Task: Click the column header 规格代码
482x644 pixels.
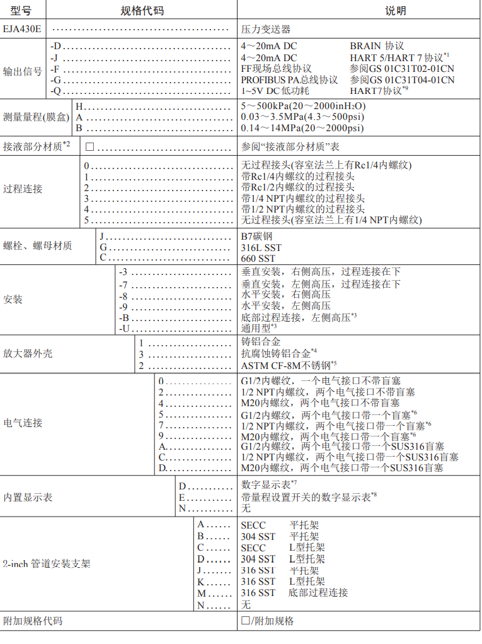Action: [142, 11]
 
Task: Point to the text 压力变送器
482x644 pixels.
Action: [266, 29]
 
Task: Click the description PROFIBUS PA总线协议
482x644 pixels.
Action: [289, 80]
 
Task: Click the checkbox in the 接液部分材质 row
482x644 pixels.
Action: [89, 146]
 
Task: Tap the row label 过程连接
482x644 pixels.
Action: [23, 189]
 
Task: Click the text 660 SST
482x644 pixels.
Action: [258, 259]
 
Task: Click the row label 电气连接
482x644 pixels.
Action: [23, 423]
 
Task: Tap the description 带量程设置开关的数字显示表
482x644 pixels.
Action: [306, 496]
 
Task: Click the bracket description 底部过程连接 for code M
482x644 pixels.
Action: [318, 593]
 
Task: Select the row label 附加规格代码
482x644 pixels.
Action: [33, 621]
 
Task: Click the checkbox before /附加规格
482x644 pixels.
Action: [246, 621]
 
